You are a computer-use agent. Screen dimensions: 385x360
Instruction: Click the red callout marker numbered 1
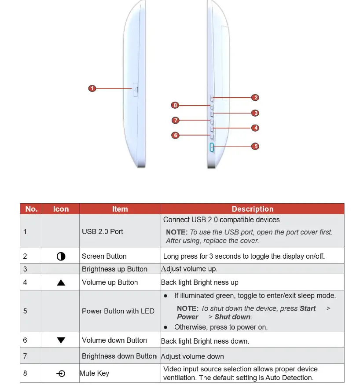92,88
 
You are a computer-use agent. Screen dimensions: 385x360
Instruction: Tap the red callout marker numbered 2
255,98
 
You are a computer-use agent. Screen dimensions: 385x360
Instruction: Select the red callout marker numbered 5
255,146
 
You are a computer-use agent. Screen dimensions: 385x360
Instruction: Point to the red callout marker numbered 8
175,105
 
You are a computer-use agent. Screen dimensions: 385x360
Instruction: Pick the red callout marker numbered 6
175,135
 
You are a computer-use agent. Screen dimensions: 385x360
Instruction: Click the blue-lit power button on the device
212,147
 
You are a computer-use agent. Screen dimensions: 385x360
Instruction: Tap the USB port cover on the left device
136,89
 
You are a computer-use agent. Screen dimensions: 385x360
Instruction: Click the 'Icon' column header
61,209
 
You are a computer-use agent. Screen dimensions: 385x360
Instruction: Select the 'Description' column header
252,209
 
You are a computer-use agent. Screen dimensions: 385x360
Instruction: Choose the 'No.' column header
31,209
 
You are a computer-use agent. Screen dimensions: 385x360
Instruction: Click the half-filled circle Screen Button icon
61,256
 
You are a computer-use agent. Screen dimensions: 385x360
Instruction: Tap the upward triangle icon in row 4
61,282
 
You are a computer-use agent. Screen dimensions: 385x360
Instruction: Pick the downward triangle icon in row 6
61,340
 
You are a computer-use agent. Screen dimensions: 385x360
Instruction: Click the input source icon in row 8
61,374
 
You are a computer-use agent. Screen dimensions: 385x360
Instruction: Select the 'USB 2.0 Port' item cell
103,231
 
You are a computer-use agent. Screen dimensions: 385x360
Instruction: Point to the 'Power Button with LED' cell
118,311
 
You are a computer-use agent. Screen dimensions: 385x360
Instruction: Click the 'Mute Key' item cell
94,374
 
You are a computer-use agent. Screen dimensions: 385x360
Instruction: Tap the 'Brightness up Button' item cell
114,269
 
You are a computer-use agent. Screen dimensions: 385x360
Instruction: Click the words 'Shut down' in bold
232,317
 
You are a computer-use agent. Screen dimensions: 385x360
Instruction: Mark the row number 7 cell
25,356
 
